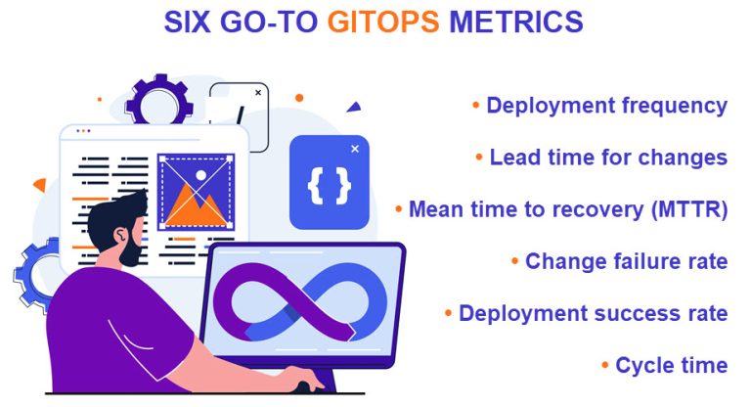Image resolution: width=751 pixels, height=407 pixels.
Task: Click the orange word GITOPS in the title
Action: (383, 22)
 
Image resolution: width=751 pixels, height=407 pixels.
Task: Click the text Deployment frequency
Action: (606, 106)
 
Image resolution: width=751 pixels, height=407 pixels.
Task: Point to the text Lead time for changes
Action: (608, 158)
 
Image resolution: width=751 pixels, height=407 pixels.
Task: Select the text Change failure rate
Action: (626, 261)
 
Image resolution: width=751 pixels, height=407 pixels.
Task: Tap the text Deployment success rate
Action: (593, 313)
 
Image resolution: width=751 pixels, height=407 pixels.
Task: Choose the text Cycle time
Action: (671, 365)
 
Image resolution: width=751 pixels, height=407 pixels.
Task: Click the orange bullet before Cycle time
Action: (605, 366)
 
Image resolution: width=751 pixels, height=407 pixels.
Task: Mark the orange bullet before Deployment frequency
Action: (476, 106)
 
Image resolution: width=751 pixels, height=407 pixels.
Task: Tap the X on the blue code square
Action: (354, 149)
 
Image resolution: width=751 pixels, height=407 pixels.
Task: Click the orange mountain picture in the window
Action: (196, 190)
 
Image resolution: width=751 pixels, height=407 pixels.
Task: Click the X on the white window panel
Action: (257, 92)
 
